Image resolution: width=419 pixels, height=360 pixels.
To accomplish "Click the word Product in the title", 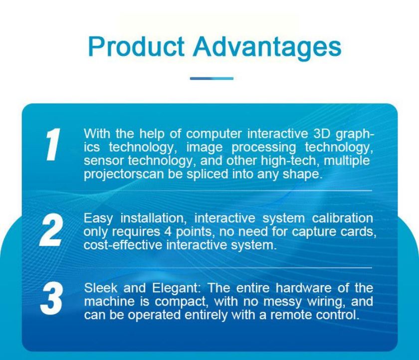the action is (x=136, y=46).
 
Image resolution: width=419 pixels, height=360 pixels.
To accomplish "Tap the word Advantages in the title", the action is (x=267, y=48).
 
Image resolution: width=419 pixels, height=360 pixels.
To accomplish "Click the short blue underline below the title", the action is (x=211, y=78).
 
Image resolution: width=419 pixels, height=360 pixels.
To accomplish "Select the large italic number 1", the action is (x=52, y=144).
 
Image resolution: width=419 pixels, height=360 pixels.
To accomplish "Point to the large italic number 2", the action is (x=51, y=230).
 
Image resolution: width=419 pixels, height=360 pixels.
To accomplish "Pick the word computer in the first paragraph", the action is (x=214, y=134).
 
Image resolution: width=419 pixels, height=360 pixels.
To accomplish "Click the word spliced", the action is (x=208, y=174).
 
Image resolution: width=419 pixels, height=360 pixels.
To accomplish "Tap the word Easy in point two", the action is (x=98, y=219).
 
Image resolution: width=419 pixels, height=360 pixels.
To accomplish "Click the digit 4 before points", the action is (x=168, y=231).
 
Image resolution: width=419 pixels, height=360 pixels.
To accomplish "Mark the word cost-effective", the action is (x=123, y=245).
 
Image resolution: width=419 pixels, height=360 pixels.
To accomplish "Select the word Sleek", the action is (x=100, y=288).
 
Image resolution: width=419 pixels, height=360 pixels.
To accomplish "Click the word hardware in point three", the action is (x=304, y=288).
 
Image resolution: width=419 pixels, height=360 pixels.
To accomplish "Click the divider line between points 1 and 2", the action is (x=227, y=191).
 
